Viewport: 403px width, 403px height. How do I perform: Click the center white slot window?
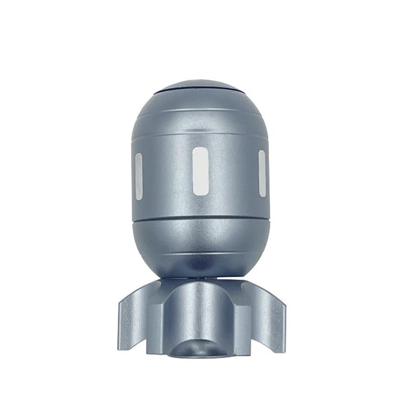[200, 171]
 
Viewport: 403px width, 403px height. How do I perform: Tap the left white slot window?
[139, 176]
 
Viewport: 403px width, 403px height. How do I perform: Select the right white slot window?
[262, 173]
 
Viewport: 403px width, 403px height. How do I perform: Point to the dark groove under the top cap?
[200, 93]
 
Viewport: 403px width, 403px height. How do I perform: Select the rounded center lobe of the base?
[200, 307]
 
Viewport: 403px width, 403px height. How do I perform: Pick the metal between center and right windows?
[232, 174]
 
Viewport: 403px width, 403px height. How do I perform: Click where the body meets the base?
[200, 278]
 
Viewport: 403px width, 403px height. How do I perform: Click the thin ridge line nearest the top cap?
[200, 112]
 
